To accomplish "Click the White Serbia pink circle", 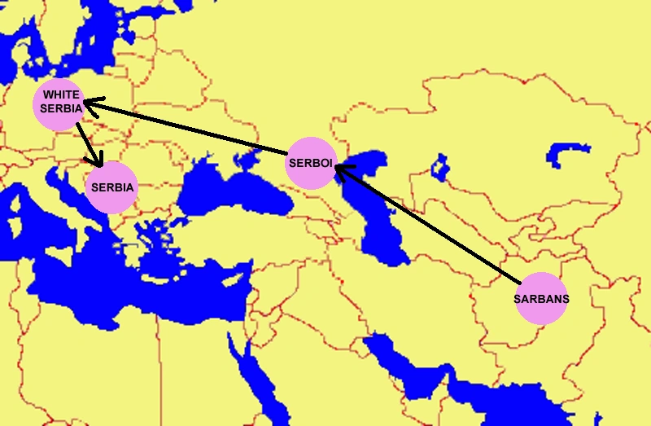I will pyautogui.click(x=62, y=103).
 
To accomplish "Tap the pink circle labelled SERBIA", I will pyautogui.click(x=112, y=187).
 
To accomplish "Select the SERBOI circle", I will pyautogui.click(x=310, y=163).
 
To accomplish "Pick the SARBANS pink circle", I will pyautogui.click(x=541, y=298).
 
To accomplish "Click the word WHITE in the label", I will pyautogui.click(x=62, y=95).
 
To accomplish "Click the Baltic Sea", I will pyautogui.click(x=114, y=33).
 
